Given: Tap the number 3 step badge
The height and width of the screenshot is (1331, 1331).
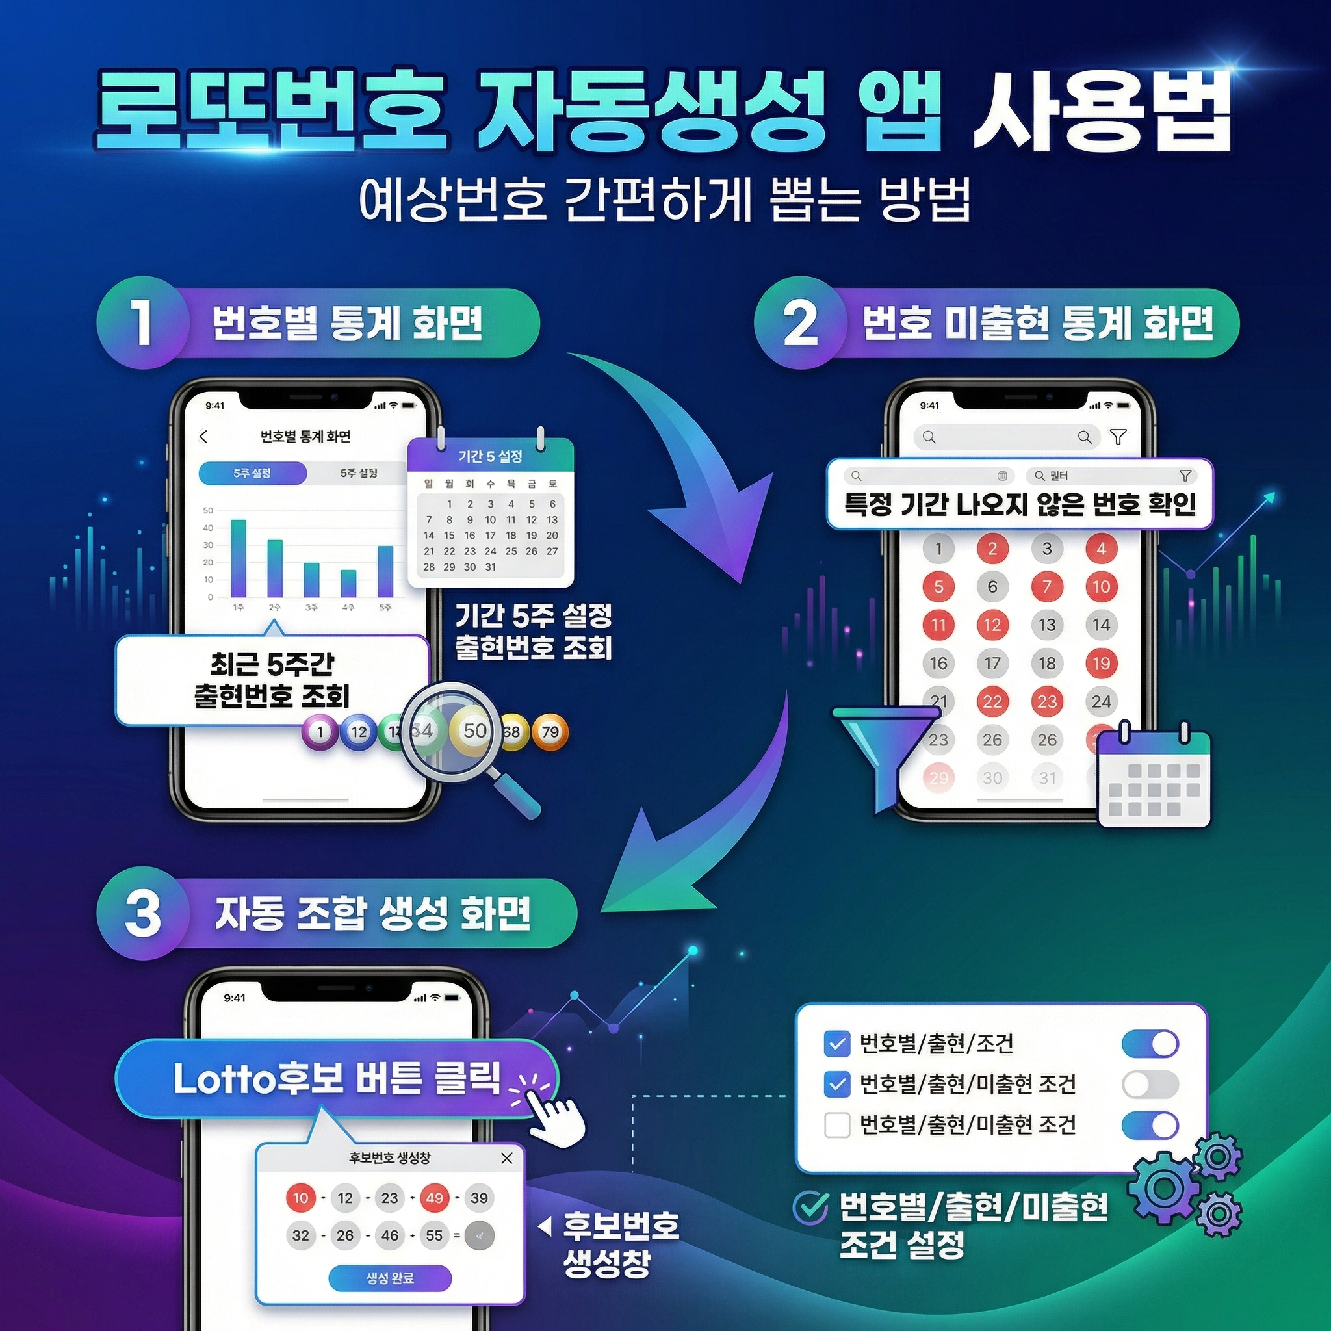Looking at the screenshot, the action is pos(142,913).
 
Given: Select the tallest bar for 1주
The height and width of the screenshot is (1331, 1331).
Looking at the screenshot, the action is pos(239,558).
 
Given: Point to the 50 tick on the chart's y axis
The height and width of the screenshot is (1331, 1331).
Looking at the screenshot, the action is pos(208,510).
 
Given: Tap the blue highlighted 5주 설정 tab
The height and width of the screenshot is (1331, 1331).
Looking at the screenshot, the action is pos(252,473).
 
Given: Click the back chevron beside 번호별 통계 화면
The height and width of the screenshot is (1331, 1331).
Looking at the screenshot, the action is pos(203,437).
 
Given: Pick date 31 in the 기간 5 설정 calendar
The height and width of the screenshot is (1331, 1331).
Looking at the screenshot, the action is pos(491,567).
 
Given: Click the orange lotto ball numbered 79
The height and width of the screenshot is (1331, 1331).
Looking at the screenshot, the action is pos(550,731).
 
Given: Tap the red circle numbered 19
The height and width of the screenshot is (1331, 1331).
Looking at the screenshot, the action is pos(1101,663).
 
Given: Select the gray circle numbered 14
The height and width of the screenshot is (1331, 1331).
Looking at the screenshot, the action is pos(1101,625).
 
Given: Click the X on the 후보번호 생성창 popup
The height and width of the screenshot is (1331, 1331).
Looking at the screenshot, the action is pos(507,1158).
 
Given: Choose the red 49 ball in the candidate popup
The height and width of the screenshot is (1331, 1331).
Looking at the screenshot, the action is pos(434,1198).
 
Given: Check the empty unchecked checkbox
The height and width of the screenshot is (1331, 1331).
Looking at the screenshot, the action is pos(836,1125).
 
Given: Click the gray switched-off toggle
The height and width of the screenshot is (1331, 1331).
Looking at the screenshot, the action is pos(1150,1085).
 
